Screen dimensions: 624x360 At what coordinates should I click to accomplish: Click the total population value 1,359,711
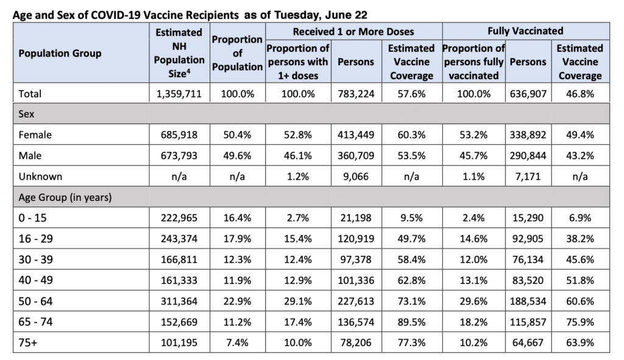[x=179, y=94]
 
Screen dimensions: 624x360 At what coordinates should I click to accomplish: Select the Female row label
[x=35, y=135]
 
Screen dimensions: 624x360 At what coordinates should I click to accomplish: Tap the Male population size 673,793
[x=179, y=155]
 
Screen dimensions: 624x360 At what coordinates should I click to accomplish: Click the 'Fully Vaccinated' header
[x=525, y=31]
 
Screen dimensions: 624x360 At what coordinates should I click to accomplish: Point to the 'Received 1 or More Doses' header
[x=353, y=32]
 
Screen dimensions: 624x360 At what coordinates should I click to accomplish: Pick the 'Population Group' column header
[x=60, y=54]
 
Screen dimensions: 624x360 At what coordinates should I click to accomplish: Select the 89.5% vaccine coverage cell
[x=411, y=322]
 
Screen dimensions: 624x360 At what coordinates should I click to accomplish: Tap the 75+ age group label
[x=28, y=342]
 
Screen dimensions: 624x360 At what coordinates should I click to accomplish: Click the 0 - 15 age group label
[x=33, y=218]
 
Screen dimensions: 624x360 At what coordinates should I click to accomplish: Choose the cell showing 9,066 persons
[x=356, y=177]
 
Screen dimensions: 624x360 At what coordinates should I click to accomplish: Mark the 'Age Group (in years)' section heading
[x=65, y=197]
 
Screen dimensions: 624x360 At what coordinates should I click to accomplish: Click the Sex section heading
[x=26, y=114]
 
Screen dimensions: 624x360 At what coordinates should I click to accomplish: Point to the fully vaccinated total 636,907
[x=528, y=94]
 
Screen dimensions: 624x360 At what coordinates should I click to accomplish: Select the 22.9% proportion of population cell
[x=237, y=301]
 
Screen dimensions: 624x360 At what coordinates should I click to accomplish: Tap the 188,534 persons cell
[x=528, y=301]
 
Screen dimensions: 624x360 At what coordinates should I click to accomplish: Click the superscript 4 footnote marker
[x=188, y=71]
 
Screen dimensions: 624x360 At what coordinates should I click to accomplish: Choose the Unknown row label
[x=40, y=177]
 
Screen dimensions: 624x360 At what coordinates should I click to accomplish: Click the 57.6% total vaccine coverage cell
[x=411, y=94]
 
